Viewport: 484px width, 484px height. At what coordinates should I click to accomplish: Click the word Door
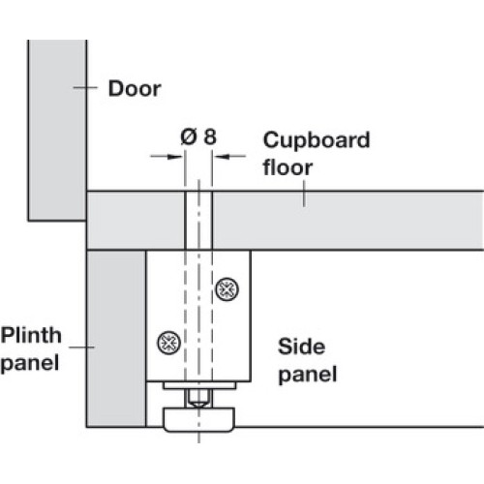point(135,88)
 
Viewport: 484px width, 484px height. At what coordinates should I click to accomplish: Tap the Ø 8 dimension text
point(198,136)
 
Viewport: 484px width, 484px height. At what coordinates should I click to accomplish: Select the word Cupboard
point(317,140)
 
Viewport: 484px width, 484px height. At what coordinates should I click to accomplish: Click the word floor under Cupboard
point(287,167)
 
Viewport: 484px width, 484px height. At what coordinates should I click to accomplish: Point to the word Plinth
point(31,335)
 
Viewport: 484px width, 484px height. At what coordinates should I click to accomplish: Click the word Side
point(301,347)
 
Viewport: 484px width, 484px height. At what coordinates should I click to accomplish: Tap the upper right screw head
point(227,289)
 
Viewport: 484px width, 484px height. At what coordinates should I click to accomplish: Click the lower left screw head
point(168,343)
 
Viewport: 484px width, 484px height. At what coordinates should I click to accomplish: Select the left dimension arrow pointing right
point(166,157)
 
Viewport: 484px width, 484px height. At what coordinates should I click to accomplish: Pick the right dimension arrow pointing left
point(230,157)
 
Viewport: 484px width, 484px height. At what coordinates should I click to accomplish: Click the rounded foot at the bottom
point(198,419)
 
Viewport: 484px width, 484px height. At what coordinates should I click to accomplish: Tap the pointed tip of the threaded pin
point(198,407)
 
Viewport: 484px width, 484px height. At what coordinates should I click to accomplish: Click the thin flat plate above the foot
point(199,385)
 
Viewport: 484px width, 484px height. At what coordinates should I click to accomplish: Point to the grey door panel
point(57,130)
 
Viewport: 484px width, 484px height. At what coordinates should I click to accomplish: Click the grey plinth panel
point(116,339)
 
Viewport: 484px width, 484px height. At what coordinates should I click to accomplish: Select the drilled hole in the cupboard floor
point(198,221)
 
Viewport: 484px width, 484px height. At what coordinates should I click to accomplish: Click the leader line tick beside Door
point(85,87)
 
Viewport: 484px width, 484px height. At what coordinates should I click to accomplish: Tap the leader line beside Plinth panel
point(81,348)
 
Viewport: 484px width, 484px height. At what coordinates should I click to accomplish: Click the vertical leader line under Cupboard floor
point(304,194)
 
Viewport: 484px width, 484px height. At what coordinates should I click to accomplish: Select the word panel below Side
point(308,375)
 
